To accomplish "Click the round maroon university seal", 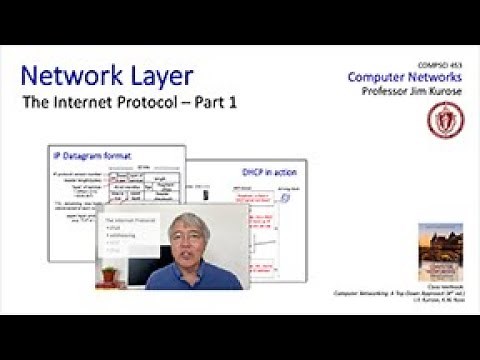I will pos(438,120).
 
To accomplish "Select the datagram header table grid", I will pos(146,195).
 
